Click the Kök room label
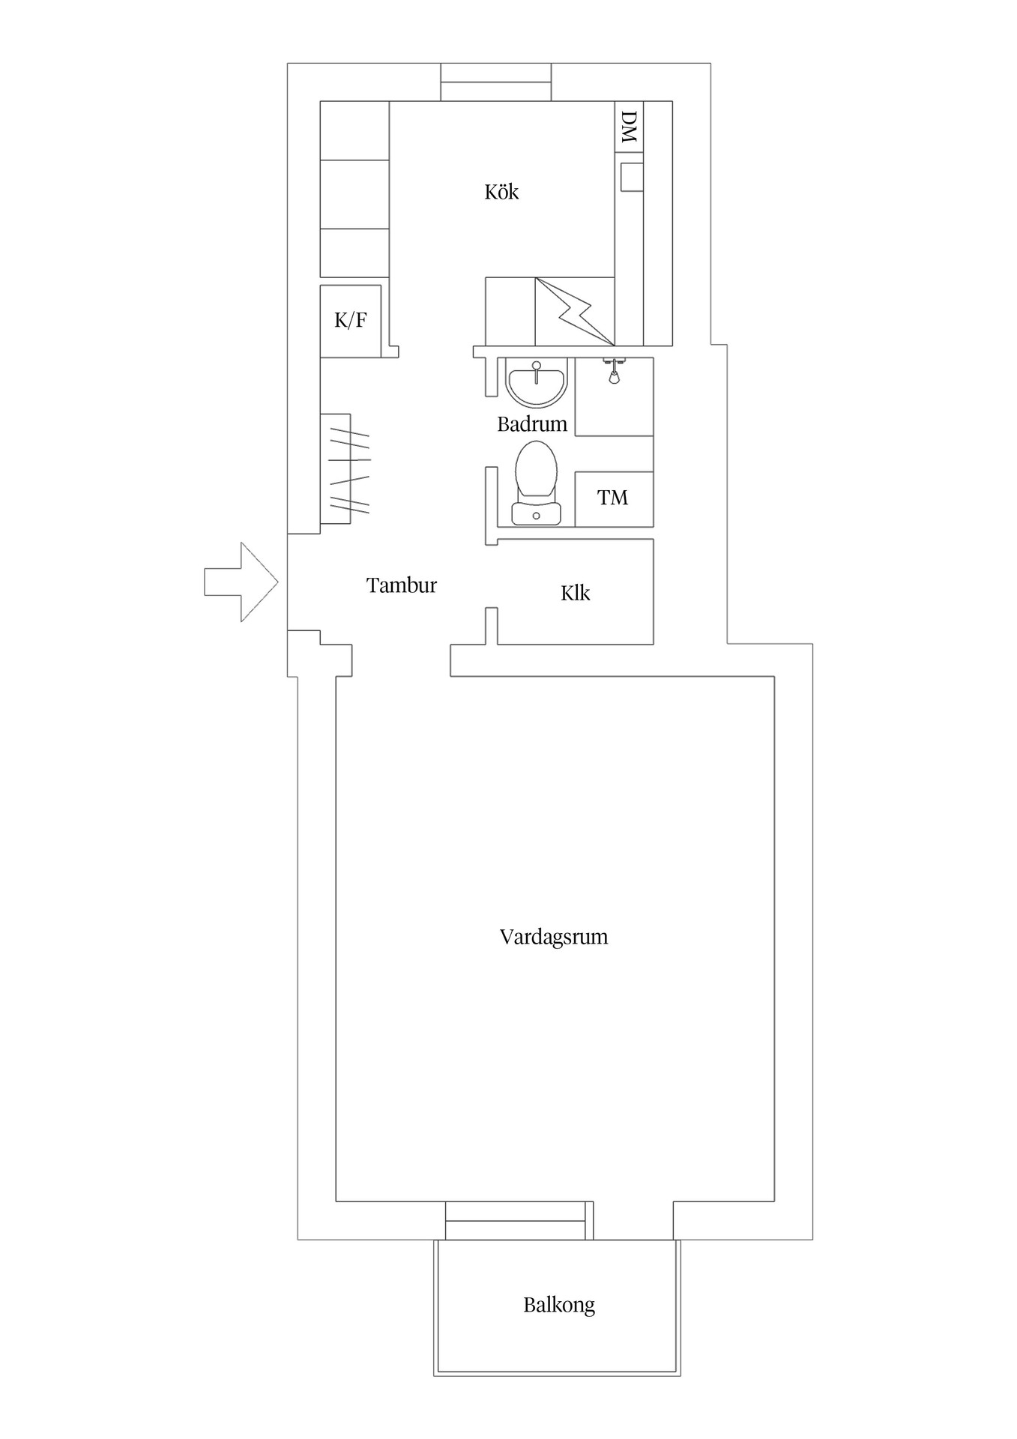click(x=501, y=193)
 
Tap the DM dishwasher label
click(x=629, y=127)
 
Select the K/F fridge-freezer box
click(x=350, y=321)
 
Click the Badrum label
click(x=531, y=424)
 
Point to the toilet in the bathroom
click(x=536, y=472)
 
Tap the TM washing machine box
click(x=613, y=498)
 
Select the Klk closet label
click(x=575, y=594)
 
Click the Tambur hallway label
click(x=401, y=585)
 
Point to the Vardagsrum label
click(x=553, y=937)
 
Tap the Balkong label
click(x=558, y=1305)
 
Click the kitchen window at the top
click(x=495, y=82)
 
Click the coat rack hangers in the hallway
click(x=349, y=469)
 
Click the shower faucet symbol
click(x=615, y=370)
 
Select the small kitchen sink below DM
click(x=632, y=177)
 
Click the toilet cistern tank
click(x=536, y=513)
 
